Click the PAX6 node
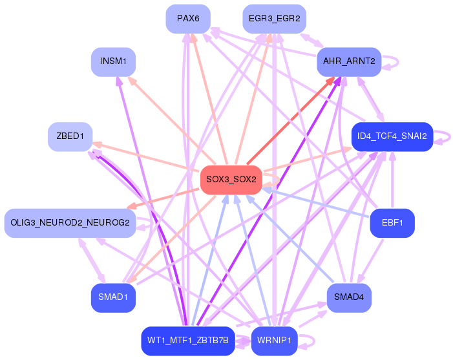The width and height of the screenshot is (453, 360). tap(188, 19)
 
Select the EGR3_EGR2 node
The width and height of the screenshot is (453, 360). tap(274, 19)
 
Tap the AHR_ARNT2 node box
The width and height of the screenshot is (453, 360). tap(349, 62)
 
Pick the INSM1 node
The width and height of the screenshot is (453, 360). tap(113, 62)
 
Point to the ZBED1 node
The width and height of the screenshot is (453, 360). tap(70, 136)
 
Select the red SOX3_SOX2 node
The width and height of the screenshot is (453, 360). tap(231, 179)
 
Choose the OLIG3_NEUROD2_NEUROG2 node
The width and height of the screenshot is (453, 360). tap(70, 223)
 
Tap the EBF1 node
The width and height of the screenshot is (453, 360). tap(392, 223)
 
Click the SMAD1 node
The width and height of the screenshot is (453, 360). tap(113, 297)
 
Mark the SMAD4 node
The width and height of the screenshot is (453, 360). tap(349, 297)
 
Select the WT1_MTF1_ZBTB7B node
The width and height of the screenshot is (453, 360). tap(188, 341)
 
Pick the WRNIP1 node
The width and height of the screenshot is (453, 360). tap(274, 341)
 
